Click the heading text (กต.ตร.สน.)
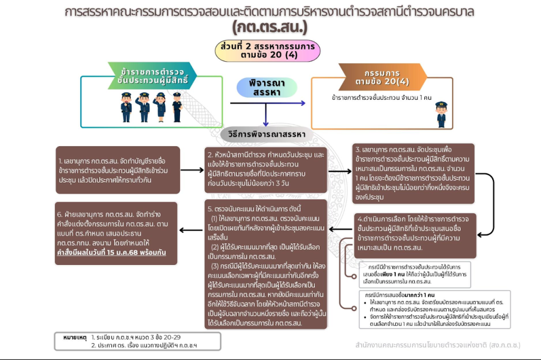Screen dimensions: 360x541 click(269, 27)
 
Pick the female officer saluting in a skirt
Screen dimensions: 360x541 click(161, 107)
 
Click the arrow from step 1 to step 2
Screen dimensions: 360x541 click(191, 170)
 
